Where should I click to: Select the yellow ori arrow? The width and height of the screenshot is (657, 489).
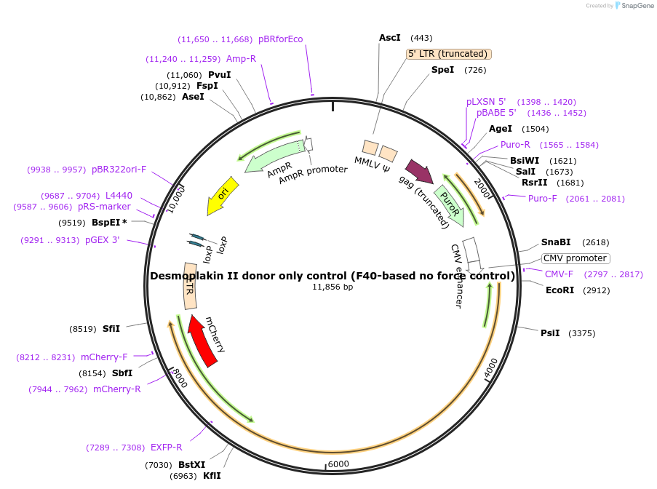pos(222,196)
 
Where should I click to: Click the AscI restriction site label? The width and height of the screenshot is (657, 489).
pos(390,37)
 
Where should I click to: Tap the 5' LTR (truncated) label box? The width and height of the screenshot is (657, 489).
pos(448,54)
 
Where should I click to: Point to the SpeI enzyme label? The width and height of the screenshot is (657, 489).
pos(442,70)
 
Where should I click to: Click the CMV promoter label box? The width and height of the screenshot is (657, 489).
pos(576,258)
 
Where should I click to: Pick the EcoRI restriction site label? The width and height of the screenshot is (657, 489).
pos(560,290)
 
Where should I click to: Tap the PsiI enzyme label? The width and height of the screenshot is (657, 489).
pos(550,333)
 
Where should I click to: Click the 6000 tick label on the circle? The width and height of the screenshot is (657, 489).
pos(339,464)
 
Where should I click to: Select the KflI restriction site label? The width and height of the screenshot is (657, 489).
pos(212,475)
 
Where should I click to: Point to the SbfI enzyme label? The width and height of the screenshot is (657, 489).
pos(122,373)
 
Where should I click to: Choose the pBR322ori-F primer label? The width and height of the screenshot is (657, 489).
pos(119,169)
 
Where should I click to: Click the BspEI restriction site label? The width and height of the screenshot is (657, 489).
pos(105,222)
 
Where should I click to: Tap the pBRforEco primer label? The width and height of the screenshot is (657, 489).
pos(280,39)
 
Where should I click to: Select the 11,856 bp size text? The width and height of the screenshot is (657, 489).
pos(333,287)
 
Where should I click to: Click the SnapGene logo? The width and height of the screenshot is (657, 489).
pos(632,6)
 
